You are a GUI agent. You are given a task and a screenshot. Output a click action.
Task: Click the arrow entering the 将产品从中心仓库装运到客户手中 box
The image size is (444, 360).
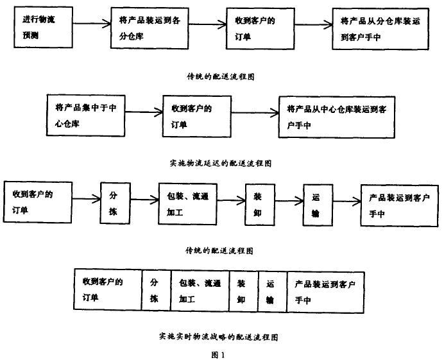click(x=255, y=115)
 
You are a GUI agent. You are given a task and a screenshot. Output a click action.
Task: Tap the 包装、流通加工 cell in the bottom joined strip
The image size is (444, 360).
click(x=200, y=291)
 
